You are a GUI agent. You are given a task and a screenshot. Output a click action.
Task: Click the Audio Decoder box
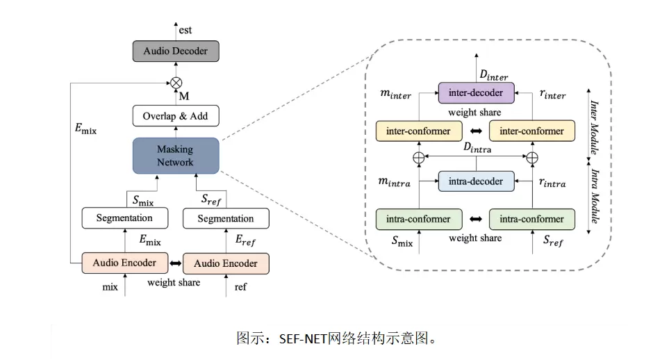(x=175, y=51)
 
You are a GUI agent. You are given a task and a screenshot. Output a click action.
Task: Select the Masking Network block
(x=175, y=155)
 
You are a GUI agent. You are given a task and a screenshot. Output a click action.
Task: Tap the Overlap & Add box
(x=175, y=116)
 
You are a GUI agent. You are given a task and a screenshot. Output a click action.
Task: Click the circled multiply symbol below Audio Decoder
(x=176, y=82)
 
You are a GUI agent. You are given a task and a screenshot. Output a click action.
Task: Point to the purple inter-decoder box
(x=475, y=92)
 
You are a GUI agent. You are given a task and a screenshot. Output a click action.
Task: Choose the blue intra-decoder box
(x=475, y=181)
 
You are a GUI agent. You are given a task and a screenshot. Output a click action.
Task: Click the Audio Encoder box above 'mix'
(x=124, y=263)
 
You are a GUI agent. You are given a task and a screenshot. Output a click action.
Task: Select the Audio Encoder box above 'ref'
(x=225, y=263)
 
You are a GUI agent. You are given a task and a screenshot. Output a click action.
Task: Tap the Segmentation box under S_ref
(x=225, y=219)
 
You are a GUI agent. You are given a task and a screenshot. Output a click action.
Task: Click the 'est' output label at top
(x=185, y=30)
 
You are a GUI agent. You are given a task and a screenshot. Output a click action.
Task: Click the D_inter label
(x=494, y=74)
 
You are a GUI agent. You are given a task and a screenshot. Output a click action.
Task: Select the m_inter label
(x=395, y=94)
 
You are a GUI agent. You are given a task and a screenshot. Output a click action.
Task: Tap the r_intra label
(x=552, y=183)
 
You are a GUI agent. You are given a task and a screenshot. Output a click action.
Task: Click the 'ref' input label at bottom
(x=240, y=286)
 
